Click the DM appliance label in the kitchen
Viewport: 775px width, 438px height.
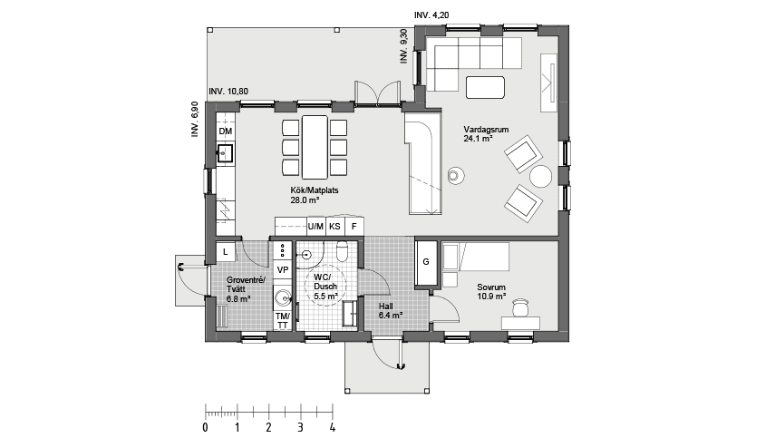pos(226,132)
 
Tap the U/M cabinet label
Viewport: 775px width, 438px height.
pos(315,226)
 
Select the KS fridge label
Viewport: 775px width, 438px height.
pos(335,226)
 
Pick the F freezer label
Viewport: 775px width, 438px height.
pos(354,226)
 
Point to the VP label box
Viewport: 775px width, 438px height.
pos(282,270)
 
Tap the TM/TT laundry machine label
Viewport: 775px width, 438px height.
pos(282,320)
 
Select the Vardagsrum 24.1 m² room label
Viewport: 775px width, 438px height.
pos(478,135)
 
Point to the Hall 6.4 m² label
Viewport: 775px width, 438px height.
pos(390,311)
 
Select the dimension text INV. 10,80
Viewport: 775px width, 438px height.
pos(229,92)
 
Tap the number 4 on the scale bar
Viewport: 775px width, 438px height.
pos(333,426)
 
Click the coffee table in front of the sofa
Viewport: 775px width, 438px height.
pos(485,87)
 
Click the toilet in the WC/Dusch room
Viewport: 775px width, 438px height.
pos(343,251)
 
